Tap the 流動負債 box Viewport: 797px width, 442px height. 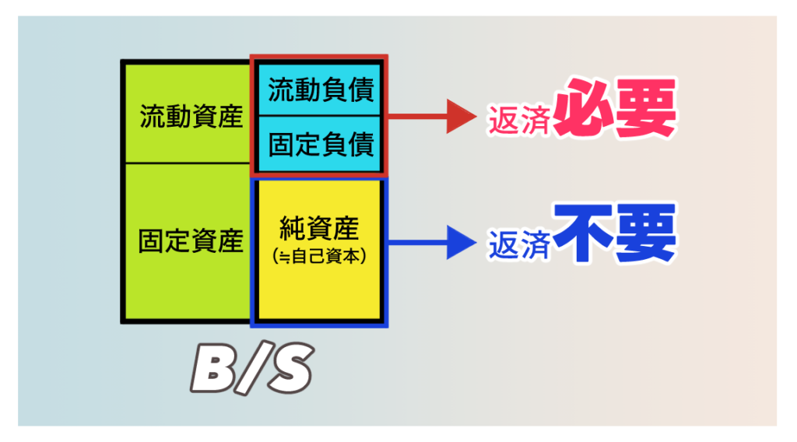point(321,89)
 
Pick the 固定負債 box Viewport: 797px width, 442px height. point(321,144)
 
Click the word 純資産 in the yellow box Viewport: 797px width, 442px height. point(319,229)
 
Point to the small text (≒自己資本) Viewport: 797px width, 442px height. point(319,254)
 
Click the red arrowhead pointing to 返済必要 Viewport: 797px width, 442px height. point(461,118)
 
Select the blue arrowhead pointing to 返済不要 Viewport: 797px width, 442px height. point(461,242)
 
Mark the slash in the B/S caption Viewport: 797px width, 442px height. point(251,369)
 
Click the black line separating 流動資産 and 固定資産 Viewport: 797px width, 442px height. point(187,163)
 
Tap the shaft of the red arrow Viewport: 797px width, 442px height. point(416,118)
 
